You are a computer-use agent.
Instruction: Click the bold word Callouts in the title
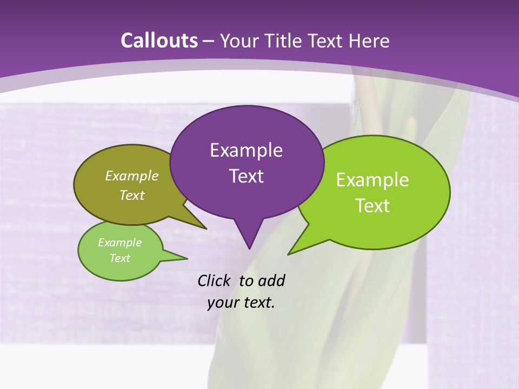click(159, 41)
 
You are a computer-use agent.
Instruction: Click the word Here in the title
click(370, 41)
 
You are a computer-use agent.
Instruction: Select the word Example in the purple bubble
click(246, 150)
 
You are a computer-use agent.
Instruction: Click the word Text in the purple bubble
click(246, 176)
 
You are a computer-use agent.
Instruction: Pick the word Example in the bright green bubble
click(372, 180)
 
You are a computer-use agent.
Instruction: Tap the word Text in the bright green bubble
click(372, 206)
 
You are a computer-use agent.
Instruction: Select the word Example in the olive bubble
click(132, 176)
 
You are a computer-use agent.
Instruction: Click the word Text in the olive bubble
click(132, 195)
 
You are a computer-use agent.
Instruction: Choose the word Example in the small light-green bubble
click(119, 243)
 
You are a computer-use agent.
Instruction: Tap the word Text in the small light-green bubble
click(119, 258)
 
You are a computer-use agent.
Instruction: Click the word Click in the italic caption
click(214, 281)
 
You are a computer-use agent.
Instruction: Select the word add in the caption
click(271, 281)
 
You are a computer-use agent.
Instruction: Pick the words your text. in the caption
click(241, 303)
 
